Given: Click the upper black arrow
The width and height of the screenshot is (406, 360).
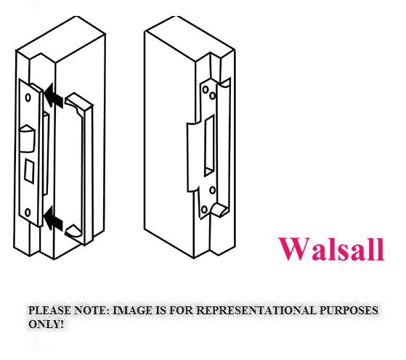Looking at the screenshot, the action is pos(53,96).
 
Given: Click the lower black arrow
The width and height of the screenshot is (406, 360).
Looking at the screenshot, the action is pos(53,218).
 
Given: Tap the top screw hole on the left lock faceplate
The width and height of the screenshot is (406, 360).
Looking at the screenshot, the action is pos(28,97).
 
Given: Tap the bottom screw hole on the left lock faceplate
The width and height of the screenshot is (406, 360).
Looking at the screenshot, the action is pos(28,213).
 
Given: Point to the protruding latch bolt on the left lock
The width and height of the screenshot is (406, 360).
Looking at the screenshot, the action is pos(27,139).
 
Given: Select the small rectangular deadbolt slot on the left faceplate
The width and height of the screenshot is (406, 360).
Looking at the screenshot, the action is pos(29,171).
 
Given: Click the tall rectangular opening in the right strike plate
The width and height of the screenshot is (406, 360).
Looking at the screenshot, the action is pos(209,146).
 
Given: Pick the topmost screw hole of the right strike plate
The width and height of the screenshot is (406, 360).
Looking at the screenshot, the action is pos(206,90).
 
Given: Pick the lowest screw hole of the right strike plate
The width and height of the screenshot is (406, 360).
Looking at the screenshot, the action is pos(204,209).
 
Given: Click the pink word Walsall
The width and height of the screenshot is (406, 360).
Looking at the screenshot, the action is pos(331,249).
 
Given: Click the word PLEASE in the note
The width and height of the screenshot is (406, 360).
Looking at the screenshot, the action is pos(49,310).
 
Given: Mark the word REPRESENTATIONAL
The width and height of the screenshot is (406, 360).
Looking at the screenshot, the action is pos(256,310).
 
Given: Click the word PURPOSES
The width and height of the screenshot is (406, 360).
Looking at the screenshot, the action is pos(349,310).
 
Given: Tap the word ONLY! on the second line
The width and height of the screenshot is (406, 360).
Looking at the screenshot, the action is pos(46,324).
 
